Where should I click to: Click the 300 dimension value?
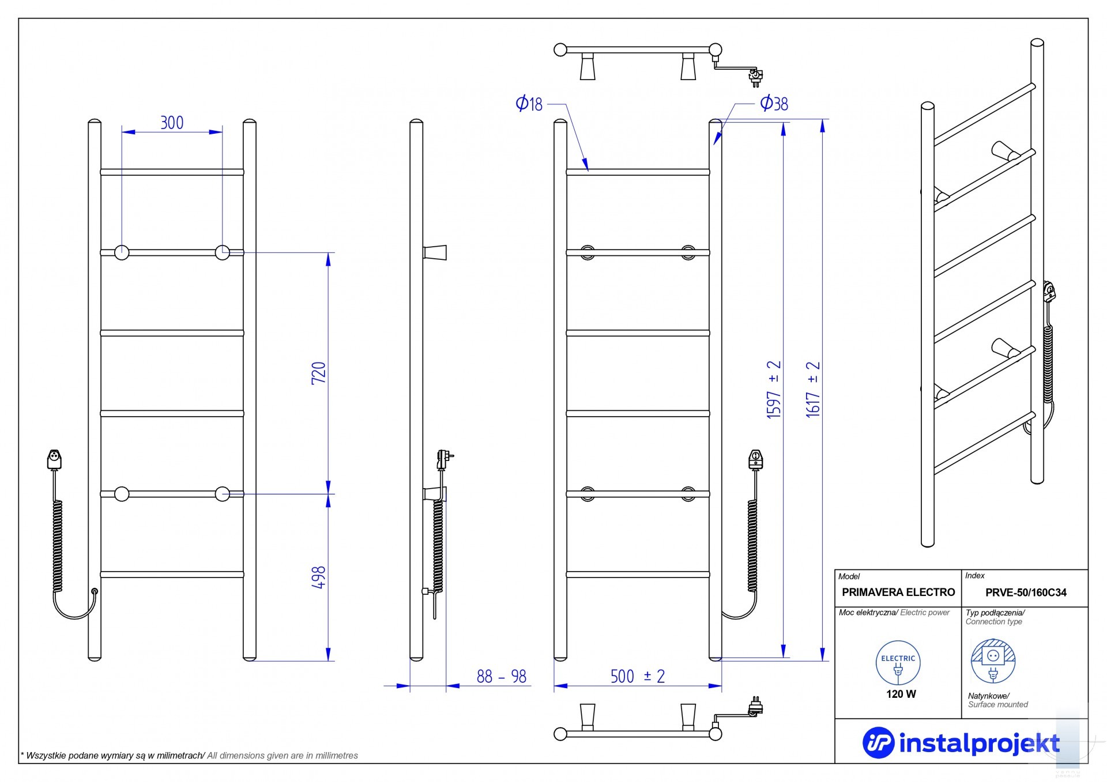(x=172, y=123)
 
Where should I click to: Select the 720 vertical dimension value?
(x=319, y=373)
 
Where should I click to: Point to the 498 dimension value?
(x=319, y=577)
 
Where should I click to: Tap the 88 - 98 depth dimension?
(x=501, y=677)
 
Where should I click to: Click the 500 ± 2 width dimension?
(x=637, y=677)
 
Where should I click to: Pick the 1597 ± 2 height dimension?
(x=774, y=389)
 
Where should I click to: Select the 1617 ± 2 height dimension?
(x=813, y=389)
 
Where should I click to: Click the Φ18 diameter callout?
(x=529, y=104)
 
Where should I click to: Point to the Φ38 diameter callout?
(x=774, y=104)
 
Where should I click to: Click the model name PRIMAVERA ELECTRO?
(x=898, y=592)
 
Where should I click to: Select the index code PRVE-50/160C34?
(x=1026, y=592)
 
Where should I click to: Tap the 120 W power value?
(x=901, y=694)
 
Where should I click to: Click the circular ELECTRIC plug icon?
(x=898, y=663)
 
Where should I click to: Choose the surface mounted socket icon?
(x=993, y=662)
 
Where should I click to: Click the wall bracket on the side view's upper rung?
(x=435, y=252)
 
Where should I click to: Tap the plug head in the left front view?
(x=54, y=460)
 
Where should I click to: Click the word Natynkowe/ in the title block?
(x=988, y=696)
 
